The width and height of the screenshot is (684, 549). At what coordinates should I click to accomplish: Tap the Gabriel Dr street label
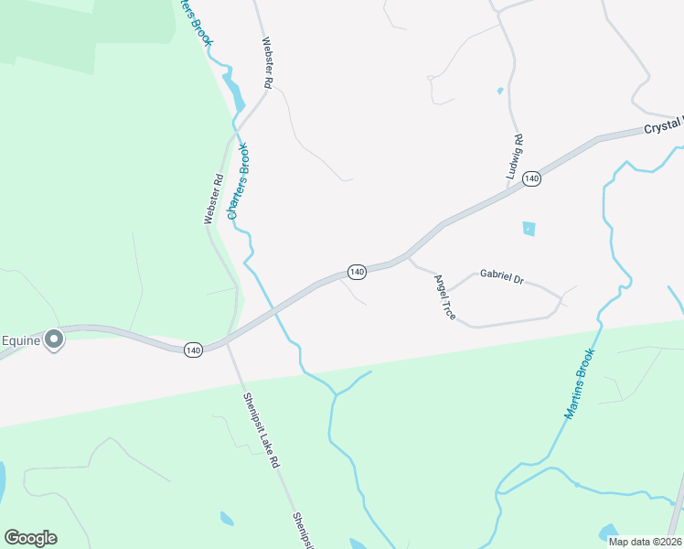pyautogui.click(x=501, y=275)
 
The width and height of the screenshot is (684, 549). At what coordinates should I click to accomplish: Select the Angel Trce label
pyautogui.click(x=444, y=296)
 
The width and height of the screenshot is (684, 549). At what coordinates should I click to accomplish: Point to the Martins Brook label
pyautogui.click(x=580, y=384)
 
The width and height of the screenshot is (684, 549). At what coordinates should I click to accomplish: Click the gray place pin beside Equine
pyautogui.click(x=54, y=339)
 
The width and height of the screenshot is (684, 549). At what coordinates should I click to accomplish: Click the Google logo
pyautogui.click(x=30, y=538)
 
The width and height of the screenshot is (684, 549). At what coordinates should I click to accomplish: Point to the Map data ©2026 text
pyautogui.click(x=645, y=542)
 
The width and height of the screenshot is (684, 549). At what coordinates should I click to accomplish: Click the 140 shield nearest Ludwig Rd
pyautogui.click(x=532, y=179)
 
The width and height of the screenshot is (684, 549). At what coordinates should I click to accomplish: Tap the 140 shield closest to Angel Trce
pyautogui.click(x=357, y=272)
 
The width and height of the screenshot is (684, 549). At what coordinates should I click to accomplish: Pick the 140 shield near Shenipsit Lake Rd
pyautogui.click(x=192, y=350)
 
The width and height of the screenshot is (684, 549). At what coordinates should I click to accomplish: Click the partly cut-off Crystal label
pyautogui.click(x=664, y=126)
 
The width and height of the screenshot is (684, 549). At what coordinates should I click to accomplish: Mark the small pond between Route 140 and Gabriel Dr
pyautogui.click(x=529, y=228)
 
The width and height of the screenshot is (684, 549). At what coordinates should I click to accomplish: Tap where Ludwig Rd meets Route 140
pyautogui.click(x=508, y=190)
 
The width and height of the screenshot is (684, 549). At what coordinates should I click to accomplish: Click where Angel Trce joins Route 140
pyautogui.click(x=409, y=257)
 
